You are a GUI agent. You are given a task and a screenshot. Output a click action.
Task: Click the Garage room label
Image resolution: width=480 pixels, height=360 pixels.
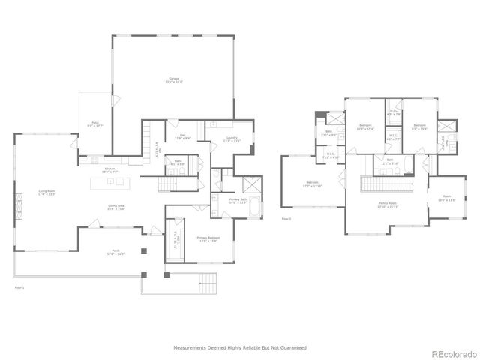click(x=175, y=79)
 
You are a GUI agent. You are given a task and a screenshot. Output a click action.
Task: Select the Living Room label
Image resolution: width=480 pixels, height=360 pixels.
click(x=47, y=193)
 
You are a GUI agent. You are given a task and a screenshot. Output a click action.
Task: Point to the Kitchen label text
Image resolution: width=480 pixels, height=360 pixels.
click(x=109, y=171)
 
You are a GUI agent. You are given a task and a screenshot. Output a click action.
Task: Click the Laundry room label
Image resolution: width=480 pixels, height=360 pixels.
click(x=222, y=139)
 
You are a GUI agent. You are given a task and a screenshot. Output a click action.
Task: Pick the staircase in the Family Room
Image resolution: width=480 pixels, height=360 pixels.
click(x=388, y=184)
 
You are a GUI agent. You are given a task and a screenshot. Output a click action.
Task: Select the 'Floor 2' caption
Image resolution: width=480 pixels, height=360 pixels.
click(x=286, y=219)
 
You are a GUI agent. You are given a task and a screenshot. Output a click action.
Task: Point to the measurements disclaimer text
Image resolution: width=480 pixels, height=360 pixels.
click(x=239, y=348)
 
